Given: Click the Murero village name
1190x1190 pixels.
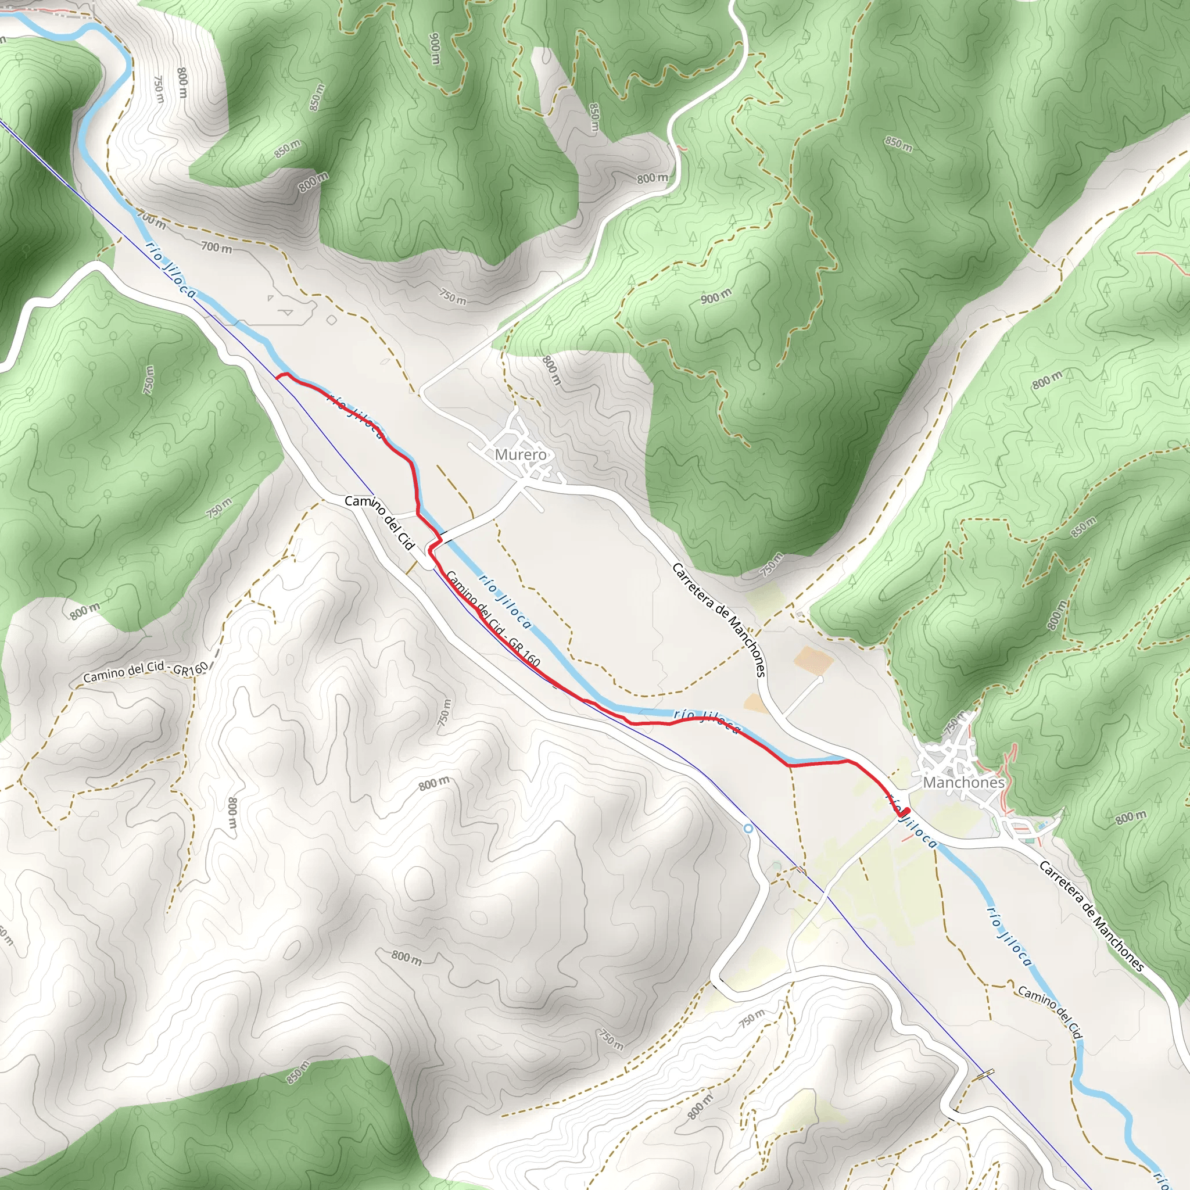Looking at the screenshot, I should [521, 454].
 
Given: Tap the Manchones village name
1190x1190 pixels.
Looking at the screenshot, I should [963, 782].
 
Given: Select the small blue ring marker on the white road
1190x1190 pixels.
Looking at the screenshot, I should [748, 829].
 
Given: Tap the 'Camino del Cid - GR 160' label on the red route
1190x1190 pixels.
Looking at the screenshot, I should [493, 619].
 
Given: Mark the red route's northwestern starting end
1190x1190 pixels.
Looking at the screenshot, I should [278, 377].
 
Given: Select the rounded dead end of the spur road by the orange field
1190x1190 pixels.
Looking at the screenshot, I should [820, 679].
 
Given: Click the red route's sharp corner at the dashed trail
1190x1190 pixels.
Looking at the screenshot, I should [789, 766].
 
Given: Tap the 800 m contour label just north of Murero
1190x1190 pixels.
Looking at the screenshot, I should [551, 370].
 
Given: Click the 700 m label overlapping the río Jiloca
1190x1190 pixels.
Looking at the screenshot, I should [151, 218].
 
